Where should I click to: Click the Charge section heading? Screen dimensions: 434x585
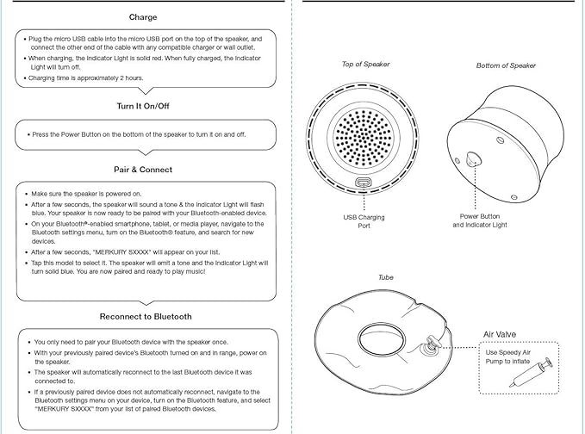(x=143, y=17)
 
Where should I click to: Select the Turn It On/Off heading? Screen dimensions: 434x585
(x=143, y=105)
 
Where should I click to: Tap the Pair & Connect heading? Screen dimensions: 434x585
(x=143, y=170)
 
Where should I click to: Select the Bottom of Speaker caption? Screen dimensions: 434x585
(x=506, y=65)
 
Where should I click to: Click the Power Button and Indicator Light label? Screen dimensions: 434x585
(x=480, y=220)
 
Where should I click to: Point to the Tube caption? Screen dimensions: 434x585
(x=386, y=278)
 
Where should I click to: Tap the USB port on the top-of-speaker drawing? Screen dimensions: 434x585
(x=363, y=183)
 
